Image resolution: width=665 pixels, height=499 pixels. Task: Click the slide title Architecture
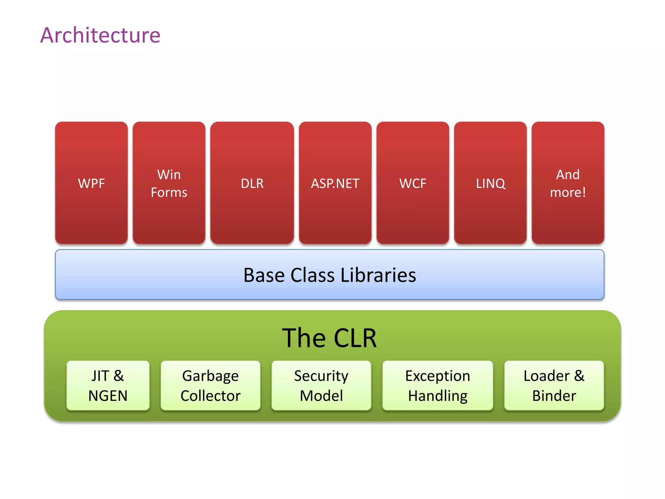tap(100, 35)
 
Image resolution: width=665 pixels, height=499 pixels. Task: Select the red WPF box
tap(91, 183)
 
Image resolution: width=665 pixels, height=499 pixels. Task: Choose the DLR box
tap(252, 183)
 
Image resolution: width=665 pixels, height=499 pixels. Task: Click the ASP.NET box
tap(335, 183)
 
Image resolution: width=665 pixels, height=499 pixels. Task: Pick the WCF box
tap(413, 183)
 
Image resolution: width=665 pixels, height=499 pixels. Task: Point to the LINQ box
tap(490, 183)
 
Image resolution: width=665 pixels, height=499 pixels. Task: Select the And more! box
tap(568, 183)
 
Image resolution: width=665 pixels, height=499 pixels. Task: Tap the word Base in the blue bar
tap(264, 275)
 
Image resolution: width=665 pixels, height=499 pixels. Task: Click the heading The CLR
tap(329, 338)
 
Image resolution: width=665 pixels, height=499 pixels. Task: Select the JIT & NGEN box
tap(108, 385)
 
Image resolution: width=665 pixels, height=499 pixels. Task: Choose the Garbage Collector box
tap(210, 385)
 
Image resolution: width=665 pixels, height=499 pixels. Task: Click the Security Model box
tap(321, 385)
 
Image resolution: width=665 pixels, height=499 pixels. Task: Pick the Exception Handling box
tap(438, 385)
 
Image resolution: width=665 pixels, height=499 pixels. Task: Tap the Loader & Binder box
tap(554, 385)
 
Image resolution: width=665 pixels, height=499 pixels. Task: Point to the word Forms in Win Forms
tap(169, 192)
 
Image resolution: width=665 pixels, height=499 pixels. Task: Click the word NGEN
tap(108, 396)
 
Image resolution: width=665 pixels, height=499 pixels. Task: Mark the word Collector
tap(210, 396)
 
